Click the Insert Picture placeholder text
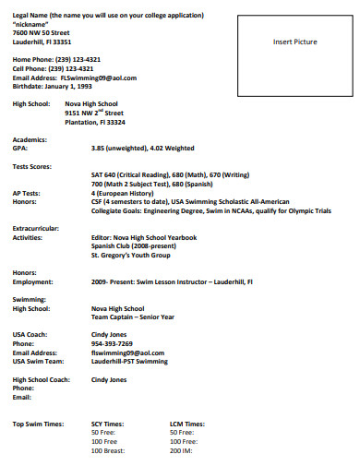[x=294, y=42]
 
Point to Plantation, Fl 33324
[x=95, y=122]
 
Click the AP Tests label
[x=26, y=192]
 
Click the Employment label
[x=32, y=281]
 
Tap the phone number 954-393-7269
[x=112, y=343]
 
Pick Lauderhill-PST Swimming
[x=129, y=361]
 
